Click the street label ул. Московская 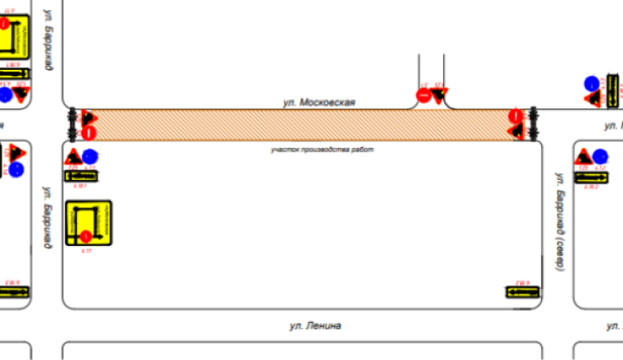[319, 102]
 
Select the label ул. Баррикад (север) [558, 221]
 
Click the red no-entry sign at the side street [423, 96]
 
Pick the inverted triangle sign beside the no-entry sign [438, 97]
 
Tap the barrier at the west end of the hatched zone [72, 124]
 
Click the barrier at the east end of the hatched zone [533, 124]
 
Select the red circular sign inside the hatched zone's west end [89, 131]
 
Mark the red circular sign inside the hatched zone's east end [515, 117]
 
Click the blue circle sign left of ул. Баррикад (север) [600, 155]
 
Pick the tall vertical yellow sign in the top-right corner [612, 90]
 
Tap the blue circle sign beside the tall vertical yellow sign [592, 83]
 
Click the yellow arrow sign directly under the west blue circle [83, 176]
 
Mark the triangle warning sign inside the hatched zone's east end [516, 131]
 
